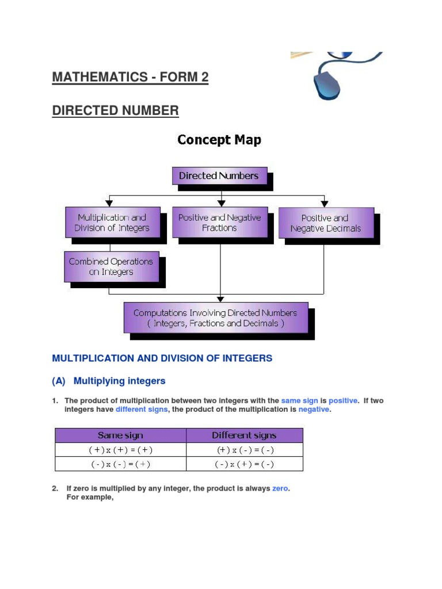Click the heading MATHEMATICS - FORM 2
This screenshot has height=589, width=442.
(130, 78)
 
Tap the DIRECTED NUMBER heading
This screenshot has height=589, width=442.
(115, 110)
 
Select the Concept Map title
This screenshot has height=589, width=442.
(219, 140)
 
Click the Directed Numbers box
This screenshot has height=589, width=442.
(219, 176)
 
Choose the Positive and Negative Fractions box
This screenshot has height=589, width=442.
(219, 223)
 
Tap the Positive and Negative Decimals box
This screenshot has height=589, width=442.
(326, 223)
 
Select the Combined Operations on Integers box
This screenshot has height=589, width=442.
(112, 266)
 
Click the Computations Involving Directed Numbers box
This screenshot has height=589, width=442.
(216, 318)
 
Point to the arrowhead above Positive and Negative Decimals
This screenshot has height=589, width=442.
(325, 203)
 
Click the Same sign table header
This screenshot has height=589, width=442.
(120, 435)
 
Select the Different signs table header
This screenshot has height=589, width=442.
(244, 435)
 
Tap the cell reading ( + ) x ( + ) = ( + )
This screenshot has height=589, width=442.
(120, 450)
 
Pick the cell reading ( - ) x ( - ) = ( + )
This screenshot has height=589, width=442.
(120, 464)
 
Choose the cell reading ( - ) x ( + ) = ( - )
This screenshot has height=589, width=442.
(244, 464)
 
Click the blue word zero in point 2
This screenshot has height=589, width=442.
(280, 488)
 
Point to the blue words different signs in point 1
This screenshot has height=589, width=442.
(142, 410)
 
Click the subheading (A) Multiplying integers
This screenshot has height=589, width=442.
(109, 381)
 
